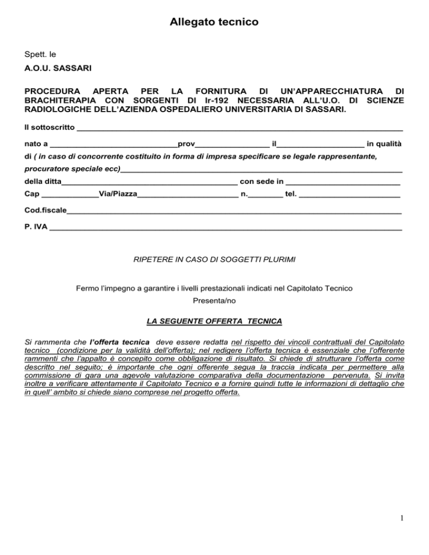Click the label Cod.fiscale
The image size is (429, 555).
(46, 212)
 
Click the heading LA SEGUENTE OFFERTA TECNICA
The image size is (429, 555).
(214, 322)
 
